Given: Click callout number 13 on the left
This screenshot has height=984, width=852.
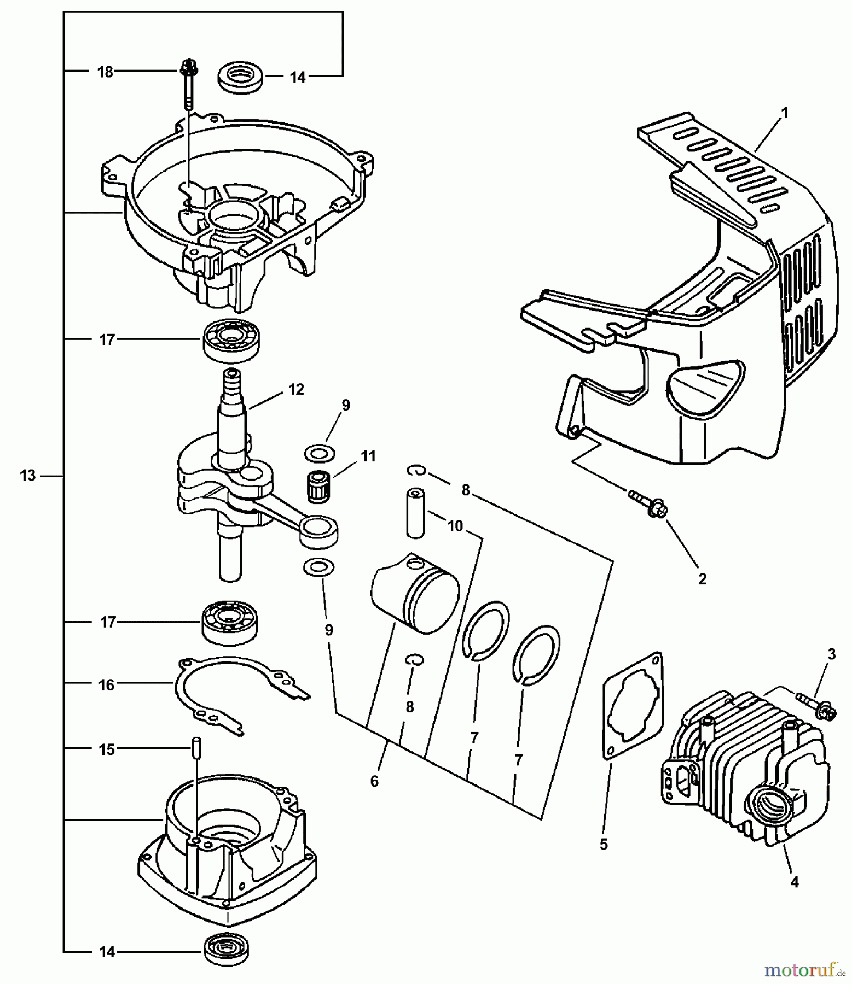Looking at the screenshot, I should pyautogui.click(x=27, y=476).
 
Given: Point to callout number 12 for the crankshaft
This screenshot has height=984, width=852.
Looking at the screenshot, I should pyautogui.click(x=296, y=390).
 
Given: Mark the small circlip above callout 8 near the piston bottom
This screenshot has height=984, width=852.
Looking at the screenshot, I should pyautogui.click(x=416, y=660).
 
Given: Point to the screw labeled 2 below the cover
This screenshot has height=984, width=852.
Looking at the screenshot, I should pyautogui.click(x=649, y=503).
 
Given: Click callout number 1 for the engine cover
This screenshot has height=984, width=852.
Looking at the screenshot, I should pyautogui.click(x=784, y=113).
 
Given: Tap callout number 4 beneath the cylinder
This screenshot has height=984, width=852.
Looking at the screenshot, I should pyautogui.click(x=795, y=881).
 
